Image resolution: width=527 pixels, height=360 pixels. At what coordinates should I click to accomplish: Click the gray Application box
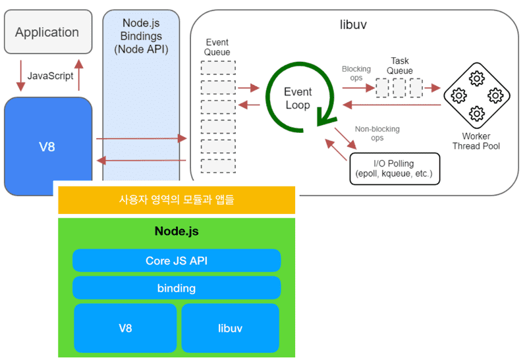(x=47, y=32)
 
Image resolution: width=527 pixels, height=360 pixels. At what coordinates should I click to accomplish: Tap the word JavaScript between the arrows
(x=49, y=76)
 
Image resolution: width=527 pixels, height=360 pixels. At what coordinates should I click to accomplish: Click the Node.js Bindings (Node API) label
(x=142, y=36)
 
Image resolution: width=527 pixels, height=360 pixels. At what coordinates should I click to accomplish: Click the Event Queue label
(x=217, y=47)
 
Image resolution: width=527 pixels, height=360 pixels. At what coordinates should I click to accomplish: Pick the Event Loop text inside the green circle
(x=297, y=99)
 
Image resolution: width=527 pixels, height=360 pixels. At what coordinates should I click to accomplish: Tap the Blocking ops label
(x=356, y=73)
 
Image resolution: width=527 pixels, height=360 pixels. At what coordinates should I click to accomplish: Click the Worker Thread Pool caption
(x=476, y=141)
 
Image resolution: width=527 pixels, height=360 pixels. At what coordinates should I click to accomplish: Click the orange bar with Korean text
(x=177, y=200)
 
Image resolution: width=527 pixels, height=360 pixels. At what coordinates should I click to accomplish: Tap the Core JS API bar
(x=177, y=261)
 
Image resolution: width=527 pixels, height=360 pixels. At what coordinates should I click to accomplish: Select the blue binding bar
(x=177, y=288)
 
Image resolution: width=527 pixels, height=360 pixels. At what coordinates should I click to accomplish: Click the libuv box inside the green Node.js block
(x=231, y=327)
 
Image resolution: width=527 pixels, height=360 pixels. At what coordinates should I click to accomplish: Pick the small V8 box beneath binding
(x=125, y=327)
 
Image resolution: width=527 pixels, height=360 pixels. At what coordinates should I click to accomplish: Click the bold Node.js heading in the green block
(x=177, y=232)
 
